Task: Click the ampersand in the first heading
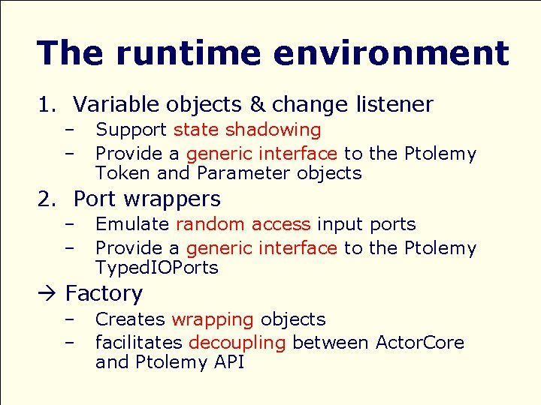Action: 256,104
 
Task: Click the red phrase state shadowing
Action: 246,130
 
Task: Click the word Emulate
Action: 132,224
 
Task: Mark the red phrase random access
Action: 243,224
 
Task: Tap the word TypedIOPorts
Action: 156,268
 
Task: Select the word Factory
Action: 104,293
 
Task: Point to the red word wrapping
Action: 213,319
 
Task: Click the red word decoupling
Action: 237,343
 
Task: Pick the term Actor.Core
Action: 419,343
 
